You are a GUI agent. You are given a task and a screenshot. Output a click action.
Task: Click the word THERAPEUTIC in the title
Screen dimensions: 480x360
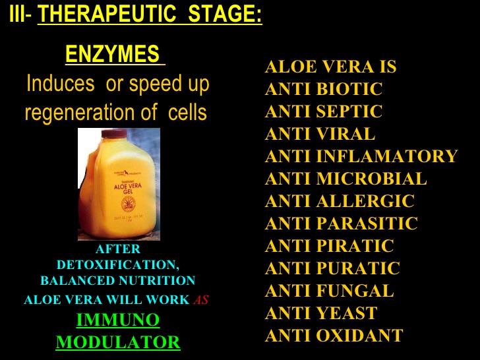coord(107,13)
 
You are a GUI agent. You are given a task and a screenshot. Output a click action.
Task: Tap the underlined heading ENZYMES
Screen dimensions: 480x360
coord(112,53)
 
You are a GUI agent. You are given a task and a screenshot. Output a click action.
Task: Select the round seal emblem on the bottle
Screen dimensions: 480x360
coord(128,204)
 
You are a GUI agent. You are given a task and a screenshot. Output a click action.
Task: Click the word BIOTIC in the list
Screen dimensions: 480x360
coord(349,89)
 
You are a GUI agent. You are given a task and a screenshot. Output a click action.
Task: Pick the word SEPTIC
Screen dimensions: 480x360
coord(349,111)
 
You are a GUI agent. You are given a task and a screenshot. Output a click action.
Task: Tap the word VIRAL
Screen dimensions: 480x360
coord(345,133)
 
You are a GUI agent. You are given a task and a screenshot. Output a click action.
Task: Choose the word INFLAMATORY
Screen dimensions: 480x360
coord(387,156)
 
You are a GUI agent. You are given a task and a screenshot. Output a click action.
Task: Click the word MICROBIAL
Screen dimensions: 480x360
coord(371,178)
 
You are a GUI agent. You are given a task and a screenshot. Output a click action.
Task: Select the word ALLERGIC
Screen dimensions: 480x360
coord(365,201)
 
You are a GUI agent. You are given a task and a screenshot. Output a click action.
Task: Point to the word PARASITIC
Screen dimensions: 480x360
coord(367,223)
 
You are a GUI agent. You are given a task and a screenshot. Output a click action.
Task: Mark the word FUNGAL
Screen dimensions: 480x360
coord(355,291)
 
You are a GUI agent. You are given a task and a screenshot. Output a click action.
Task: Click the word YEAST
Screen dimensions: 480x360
coord(347,313)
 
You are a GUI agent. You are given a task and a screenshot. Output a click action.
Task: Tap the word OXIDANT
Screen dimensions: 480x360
coord(360,335)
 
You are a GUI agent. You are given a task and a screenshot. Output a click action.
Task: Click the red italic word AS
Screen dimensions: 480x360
coord(201,300)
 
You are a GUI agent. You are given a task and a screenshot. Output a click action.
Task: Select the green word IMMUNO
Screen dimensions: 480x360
coord(118,320)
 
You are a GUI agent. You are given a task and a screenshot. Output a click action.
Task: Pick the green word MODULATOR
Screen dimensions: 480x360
coord(118,342)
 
